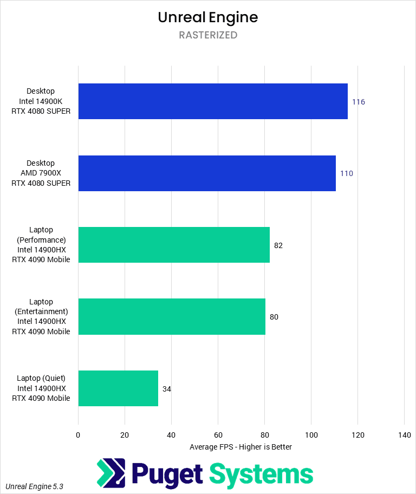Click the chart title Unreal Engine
coord(208,17)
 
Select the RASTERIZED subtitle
coord(208,35)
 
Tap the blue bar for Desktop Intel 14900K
coord(213,101)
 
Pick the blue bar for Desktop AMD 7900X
coord(207,173)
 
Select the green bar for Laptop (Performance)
coord(174,245)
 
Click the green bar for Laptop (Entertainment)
coord(172,316)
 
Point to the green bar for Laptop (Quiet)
coord(118,388)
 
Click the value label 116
coord(359,102)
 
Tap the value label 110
coord(347,173)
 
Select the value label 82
coord(278,245)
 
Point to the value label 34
coord(167,389)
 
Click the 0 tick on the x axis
coord(78,435)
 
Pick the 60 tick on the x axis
coord(218,435)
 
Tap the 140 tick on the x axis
coord(404,435)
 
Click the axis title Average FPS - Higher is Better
coord(241,447)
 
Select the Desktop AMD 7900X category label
coord(41,173)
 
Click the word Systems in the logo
coord(262,474)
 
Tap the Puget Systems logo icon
coord(111,473)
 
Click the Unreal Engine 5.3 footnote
coord(35,486)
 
